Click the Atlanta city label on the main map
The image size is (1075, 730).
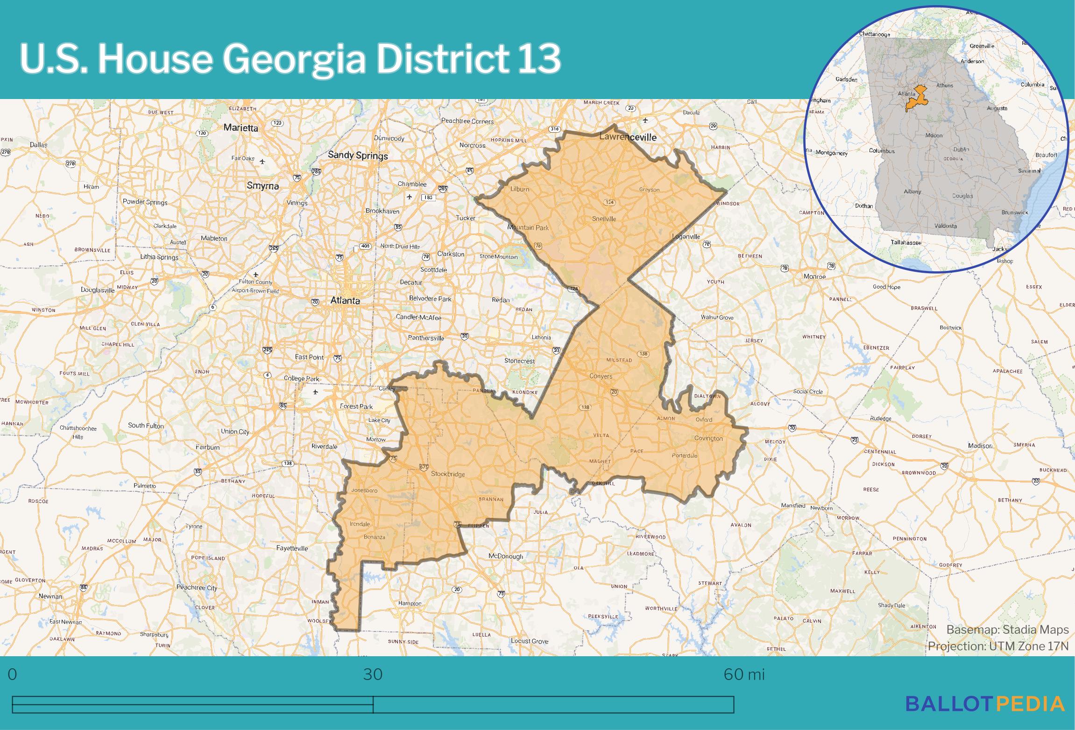click(x=345, y=300)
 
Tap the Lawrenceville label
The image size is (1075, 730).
click(x=628, y=137)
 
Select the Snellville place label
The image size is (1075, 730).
click(x=604, y=219)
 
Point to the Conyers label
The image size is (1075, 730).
click(x=601, y=376)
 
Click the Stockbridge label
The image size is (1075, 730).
click(x=448, y=474)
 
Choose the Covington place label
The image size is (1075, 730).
click(x=708, y=438)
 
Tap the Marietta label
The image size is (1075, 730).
click(x=240, y=128)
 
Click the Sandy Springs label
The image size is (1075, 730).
click(x=358, y=155)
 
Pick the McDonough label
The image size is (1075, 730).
click(x=506, y=556)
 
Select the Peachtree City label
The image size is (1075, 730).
click(x=197, y=588)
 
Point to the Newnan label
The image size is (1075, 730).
click(x=50, y=596)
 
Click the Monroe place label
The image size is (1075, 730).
click(x=814, y=276)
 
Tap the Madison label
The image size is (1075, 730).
click(x=980, y=446)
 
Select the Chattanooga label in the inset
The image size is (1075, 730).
click(x=875, y=34)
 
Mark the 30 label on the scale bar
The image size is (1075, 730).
click(x=373, y=674)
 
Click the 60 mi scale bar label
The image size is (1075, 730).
click(x=744, y=674)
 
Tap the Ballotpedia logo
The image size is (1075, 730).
click(x=985, y=703)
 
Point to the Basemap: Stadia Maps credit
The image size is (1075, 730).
click(x=1007, y=630)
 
